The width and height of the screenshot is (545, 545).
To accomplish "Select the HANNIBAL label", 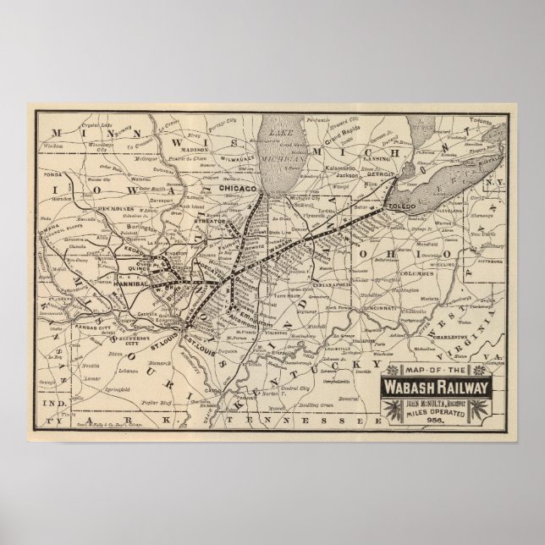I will click(x=129, y=284).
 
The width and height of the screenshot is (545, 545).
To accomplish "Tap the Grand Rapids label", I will click(x=348, y=134).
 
